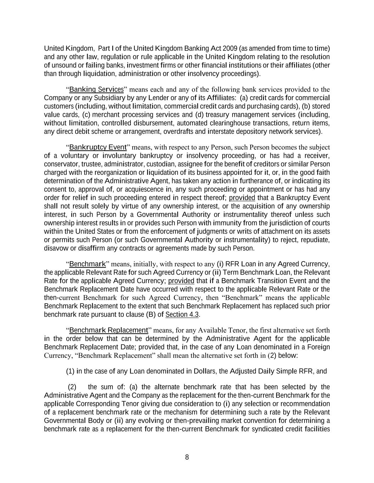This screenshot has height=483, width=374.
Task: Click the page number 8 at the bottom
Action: [x=187, y=457]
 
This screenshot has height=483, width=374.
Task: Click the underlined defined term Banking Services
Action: [x=96, y=89]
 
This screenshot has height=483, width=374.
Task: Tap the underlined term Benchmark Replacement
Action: [x=108, y=330]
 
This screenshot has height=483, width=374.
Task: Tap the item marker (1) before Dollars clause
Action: [x=70, y=372]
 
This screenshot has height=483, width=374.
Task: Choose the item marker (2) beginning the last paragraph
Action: [x=72, y=387]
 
